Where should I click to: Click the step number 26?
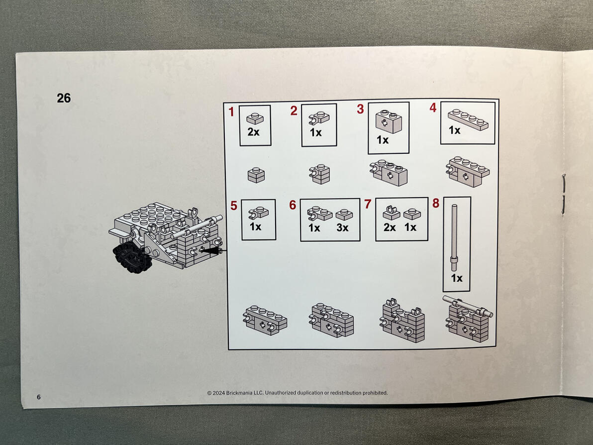point(64,98)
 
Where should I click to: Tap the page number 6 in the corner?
point(39,397)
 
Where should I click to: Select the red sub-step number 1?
point(231,111)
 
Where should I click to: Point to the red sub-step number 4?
point(433,108)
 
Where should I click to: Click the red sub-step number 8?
point(436,203)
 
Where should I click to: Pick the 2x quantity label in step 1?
point(253,132)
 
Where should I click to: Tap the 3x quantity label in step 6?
point(343,227)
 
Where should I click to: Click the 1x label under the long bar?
point(457,278)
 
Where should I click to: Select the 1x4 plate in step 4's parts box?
point(468,119)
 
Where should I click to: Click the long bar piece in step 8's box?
point(454,237)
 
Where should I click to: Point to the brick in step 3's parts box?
point(389,121)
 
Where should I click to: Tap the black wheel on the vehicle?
point(132,258)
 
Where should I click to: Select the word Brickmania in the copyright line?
point(239,393)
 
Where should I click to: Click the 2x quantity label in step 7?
point(390,227)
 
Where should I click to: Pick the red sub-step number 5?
point(234,206)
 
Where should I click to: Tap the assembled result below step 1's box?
point(256,175)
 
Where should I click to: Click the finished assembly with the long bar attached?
point(468,319)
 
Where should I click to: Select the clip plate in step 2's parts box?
point(319,118)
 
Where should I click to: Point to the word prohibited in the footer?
point(375,393)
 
